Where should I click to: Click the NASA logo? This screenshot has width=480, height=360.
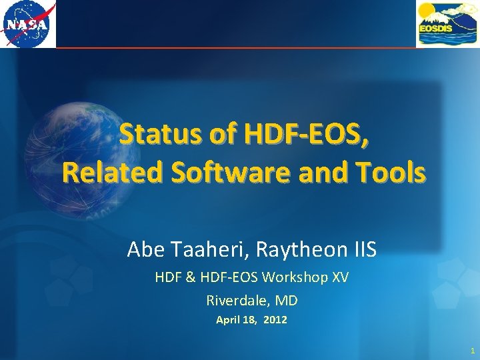point(28,24)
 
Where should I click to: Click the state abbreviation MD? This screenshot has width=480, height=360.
point(287,300)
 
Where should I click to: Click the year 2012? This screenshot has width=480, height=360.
point(275,320)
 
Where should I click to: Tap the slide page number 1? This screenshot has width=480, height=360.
point(472,350)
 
